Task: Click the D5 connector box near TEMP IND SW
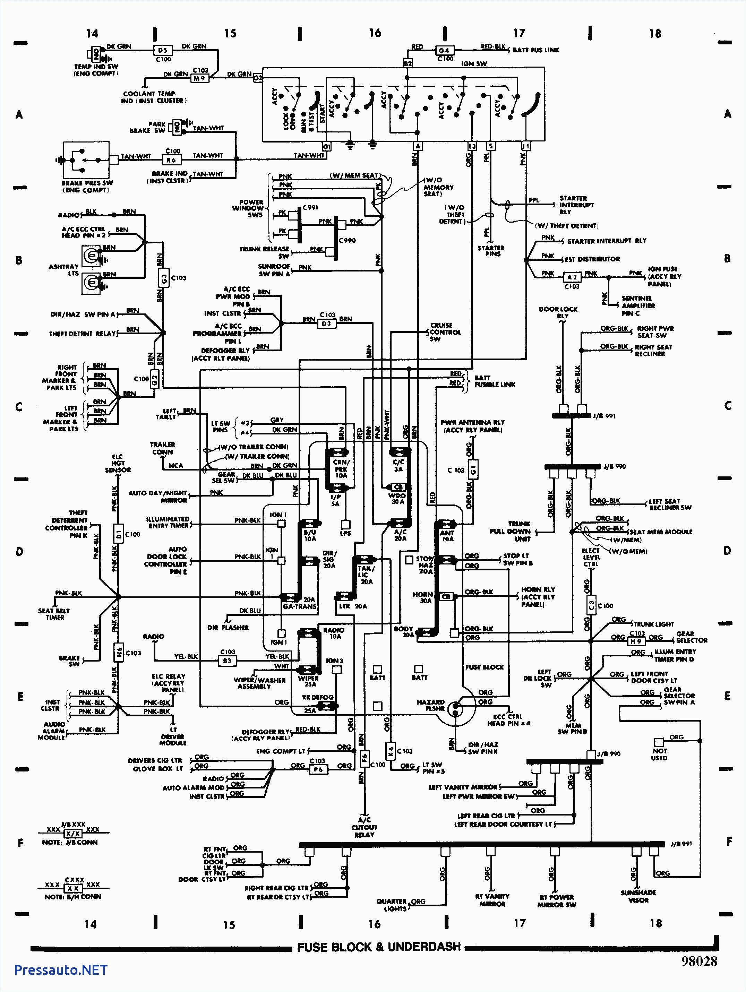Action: coord(162,50)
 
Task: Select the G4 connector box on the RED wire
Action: coord(443,50)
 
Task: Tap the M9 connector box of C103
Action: coord(199,78)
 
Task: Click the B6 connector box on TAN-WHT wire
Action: coord(171,159)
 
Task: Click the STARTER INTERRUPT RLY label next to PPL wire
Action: coord(576,205)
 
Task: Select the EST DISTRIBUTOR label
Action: coord(592,259)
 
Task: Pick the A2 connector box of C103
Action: coord(572,277)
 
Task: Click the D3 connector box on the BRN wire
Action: coord(327,324)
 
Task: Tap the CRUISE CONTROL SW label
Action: coord(442,332)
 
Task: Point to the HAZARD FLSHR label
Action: coord(430,706)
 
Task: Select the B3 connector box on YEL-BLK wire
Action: coord(227,660)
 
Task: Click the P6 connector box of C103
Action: coord(318,769)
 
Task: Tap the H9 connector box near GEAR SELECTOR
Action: coord(636,641)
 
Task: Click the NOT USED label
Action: coord(659,754)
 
